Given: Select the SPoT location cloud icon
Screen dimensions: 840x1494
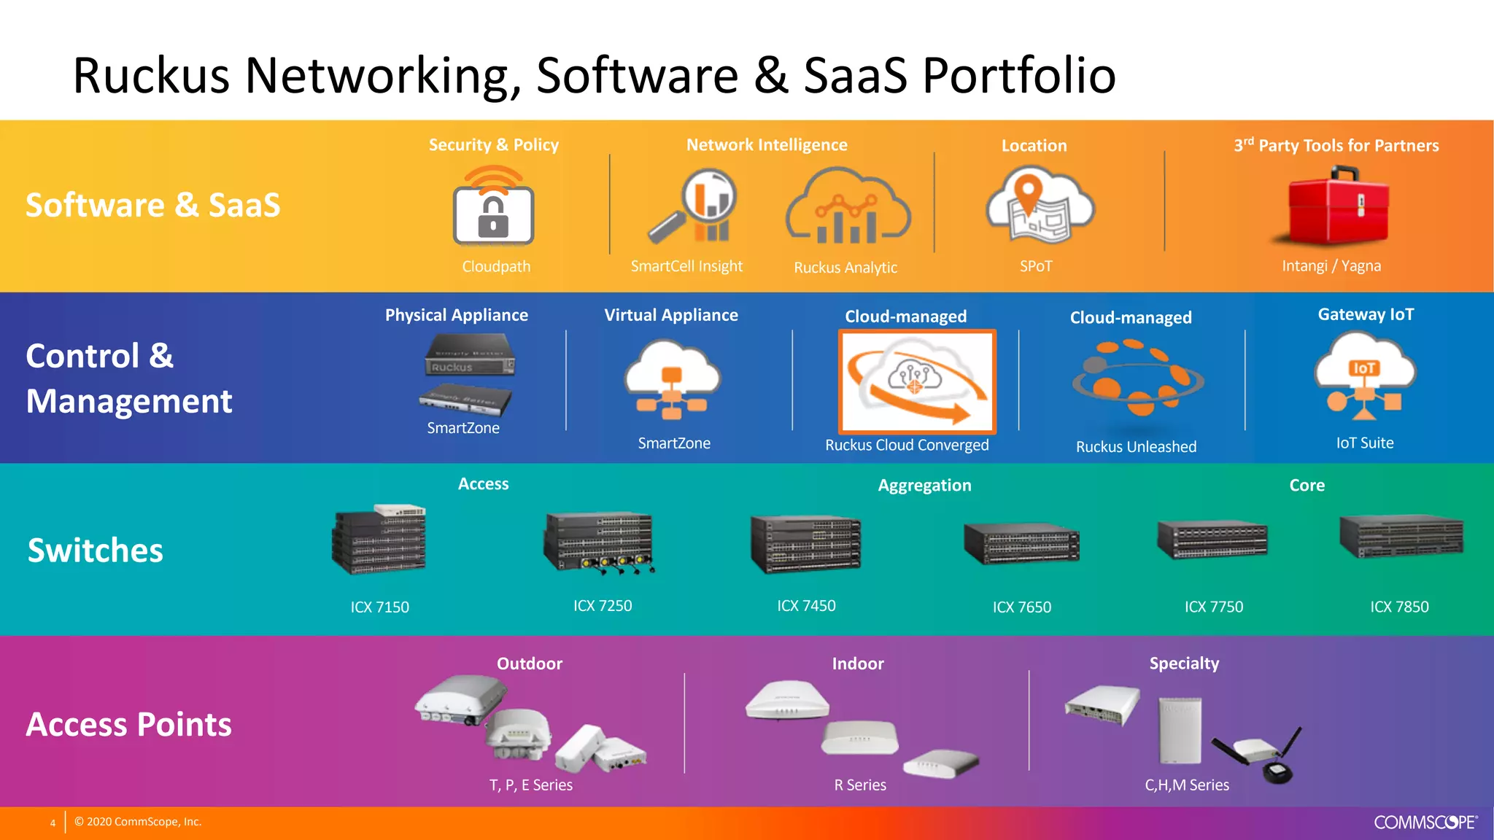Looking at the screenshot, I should (x=1039, y=206).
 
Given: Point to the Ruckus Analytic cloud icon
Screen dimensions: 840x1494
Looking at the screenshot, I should (x=848, y=209).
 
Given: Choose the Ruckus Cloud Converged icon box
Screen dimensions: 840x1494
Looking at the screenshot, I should (x=917, y=381).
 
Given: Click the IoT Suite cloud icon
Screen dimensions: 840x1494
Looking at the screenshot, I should (x=1364, y=376).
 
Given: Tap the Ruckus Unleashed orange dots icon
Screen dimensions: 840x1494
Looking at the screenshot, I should (x=1137, y=379).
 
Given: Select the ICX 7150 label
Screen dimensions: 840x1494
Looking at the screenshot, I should (x=379, y=607).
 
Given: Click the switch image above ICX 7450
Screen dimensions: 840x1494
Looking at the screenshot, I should (x=806, y=544).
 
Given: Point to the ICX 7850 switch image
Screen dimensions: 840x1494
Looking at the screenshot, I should (x=1401, y=537).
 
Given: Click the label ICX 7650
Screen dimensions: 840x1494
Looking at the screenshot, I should (x=1021, y=607).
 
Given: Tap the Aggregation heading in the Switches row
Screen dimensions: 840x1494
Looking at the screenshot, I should (x=924, y=486).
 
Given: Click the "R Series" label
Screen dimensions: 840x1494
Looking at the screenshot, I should (x=860, y=785).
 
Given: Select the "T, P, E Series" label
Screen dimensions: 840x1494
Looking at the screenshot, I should (x=530, y=785).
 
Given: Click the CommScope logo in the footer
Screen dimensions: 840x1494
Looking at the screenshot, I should (x=1425, y=822).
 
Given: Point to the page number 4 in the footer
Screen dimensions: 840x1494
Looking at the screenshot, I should (x=53, y=823).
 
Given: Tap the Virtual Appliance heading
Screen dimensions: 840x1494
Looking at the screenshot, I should (x=671, y=315).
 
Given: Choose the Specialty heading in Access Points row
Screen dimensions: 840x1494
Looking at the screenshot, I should (x=1184, y=664).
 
